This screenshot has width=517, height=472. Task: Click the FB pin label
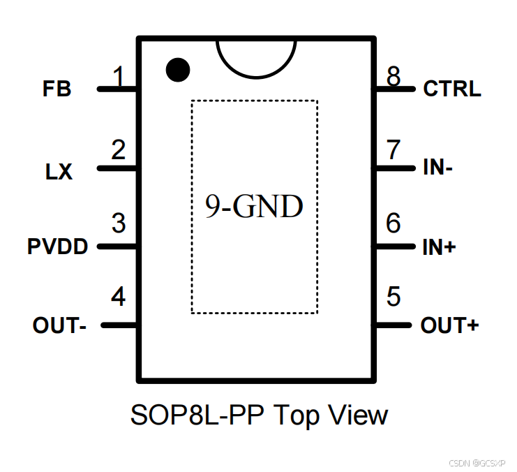click(57, 89)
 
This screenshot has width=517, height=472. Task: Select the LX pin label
click(59, 171)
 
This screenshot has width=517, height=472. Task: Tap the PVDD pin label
click(58, 247)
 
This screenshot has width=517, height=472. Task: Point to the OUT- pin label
click(59, 326)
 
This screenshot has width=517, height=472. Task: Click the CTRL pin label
click(452, 89)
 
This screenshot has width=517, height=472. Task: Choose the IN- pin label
click(438, 168)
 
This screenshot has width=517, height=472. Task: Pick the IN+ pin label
click(439, 247)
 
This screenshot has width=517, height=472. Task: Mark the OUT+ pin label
click(450, 326)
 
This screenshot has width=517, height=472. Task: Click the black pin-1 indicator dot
click(178, 68)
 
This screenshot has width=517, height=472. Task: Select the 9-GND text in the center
click(254, 207)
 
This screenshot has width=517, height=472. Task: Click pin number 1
click(119, 75)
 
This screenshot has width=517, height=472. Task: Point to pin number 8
click(394, 76)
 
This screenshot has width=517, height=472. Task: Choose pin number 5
click(394, 297)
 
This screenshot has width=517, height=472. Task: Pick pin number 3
click(119, 223)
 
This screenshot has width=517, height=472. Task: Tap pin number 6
click(394, 223)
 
